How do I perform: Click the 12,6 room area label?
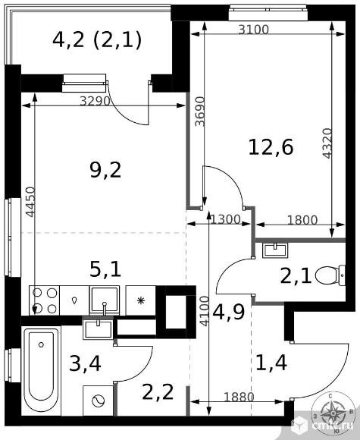click(x=271, y=148)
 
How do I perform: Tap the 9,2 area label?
click(x=105, y=171)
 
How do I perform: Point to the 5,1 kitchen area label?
click(x=105, y=269)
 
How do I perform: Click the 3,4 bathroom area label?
click(x=85, y=363)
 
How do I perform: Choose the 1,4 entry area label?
click(x=271, y=363)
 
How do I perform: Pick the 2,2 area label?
click(x=158, y=392)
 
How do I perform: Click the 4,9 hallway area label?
click(x=229, y=312)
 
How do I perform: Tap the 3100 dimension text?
click(x=253, y=30)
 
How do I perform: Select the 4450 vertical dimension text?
click(x=30, y=202)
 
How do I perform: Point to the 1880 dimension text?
click(x=239, y=397)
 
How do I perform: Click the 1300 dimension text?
click(x=225, y=219)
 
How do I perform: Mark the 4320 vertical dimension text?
click(x=327, y=143)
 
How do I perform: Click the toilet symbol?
click(x=330, y=275)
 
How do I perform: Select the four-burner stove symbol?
click(x=44, y=300)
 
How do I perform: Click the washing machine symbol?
click(x=98, y=401)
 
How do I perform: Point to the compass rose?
click(x=333, y=413)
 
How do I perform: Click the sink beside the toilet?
click(x=275, y=250)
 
